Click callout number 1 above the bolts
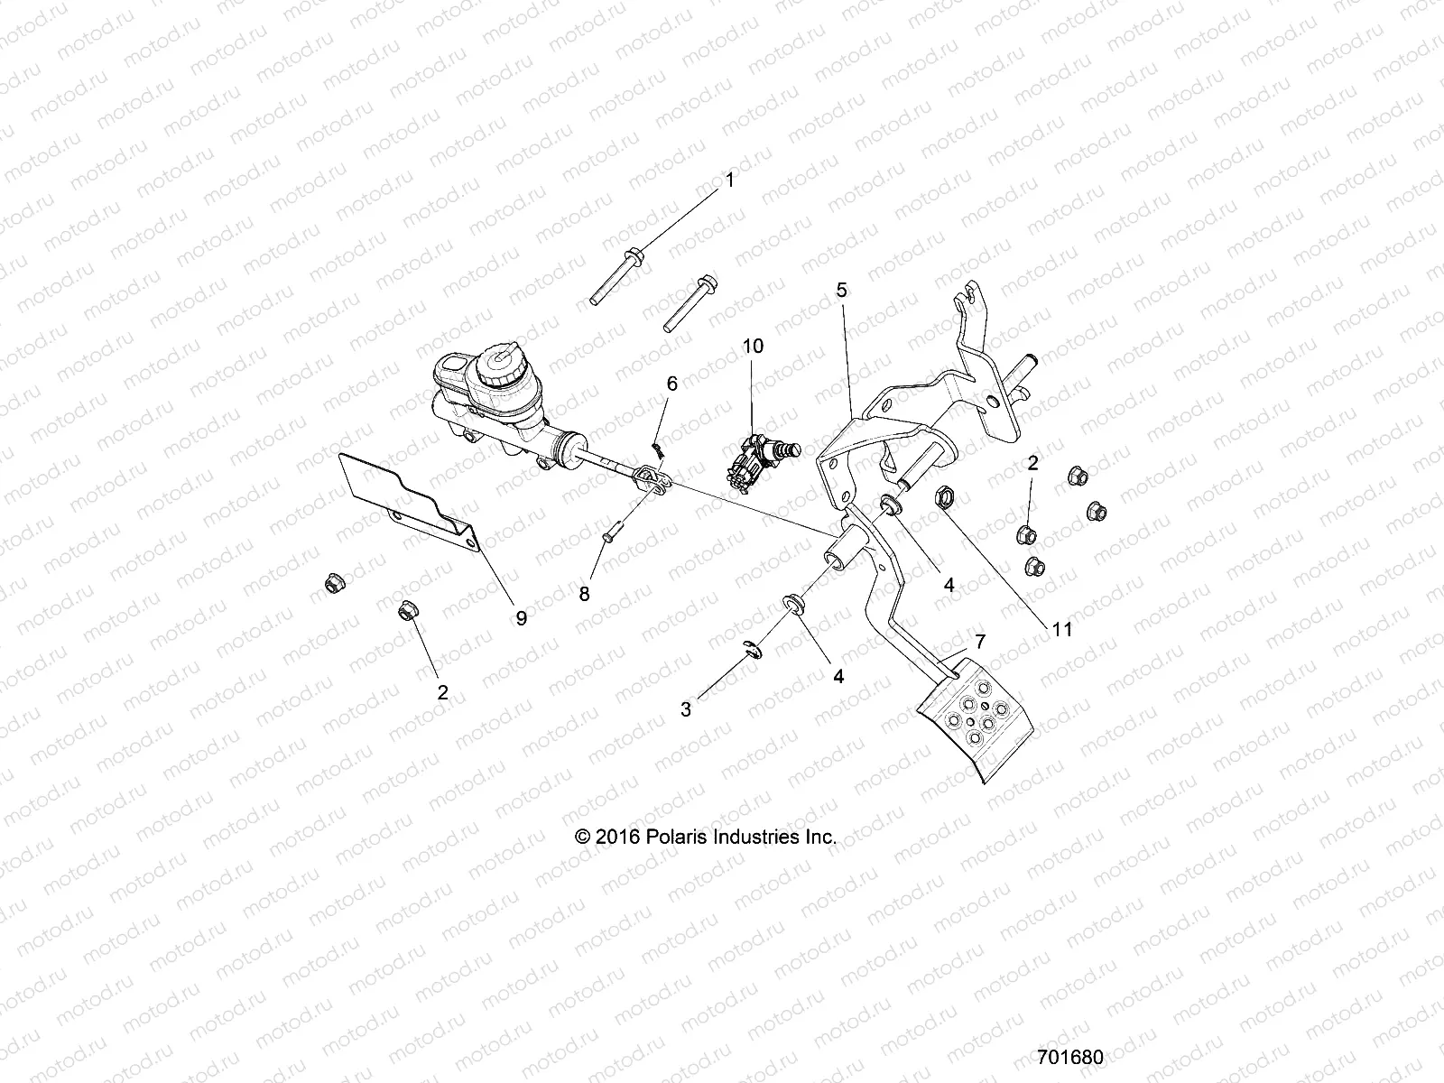coord(730,180)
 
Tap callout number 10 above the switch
coord(753,346)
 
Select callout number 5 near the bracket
coord(841,291)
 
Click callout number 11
coord(1062,629)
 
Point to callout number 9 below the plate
coord(521,617)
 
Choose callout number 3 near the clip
coord(686,709)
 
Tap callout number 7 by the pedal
coord(979,642)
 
